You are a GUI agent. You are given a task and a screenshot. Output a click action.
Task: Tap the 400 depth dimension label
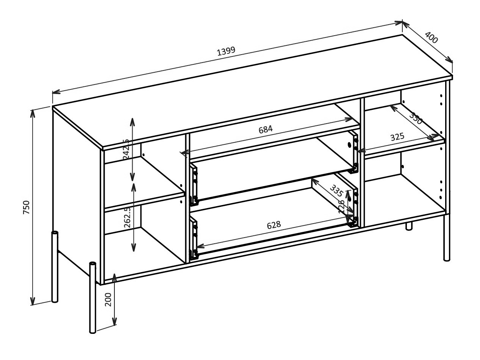[431, 38]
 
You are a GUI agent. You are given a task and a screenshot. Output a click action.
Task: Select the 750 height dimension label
[26, 207]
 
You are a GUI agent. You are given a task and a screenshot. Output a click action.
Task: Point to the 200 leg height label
[108, 299]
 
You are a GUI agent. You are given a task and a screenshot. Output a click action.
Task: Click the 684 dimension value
[265, 129]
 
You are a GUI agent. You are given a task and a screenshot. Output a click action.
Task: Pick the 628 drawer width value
[274, 225]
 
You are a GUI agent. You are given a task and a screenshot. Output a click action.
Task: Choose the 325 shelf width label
[397, 137]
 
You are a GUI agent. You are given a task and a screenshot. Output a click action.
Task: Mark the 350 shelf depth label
[415, 119]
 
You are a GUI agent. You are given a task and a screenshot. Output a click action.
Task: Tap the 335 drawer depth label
[336, 191]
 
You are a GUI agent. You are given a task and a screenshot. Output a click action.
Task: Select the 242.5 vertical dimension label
[127, 149]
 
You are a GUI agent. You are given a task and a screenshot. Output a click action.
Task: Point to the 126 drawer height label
[342, 207]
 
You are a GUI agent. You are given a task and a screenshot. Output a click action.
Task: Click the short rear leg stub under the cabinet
[409, 226]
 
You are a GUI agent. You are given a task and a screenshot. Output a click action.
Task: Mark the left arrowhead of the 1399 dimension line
[55, 92]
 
